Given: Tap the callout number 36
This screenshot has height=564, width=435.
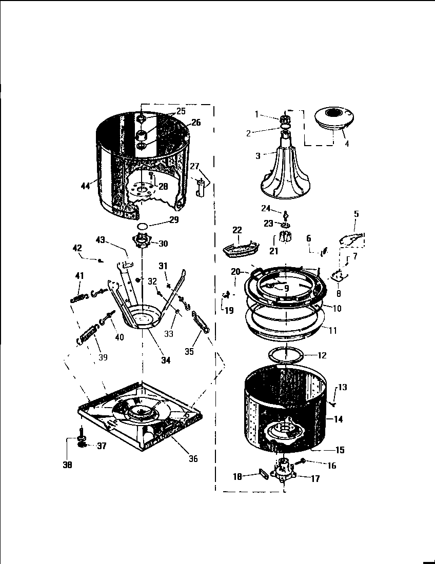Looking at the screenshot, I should pos(193,458).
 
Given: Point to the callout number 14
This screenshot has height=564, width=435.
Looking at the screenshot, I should pos(338,419).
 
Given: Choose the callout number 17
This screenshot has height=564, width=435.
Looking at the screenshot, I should pos(315,478).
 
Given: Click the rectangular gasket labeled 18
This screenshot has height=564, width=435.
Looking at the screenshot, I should pos(264,475).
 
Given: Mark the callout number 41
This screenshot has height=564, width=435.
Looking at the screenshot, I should pos(79,276).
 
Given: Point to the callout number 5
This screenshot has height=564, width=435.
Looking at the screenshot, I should pos(357,214).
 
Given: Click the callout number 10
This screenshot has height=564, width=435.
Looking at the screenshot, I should pos(337,309).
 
